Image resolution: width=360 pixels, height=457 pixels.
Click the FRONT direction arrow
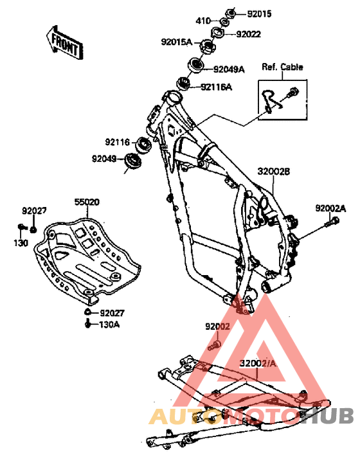(65, 43)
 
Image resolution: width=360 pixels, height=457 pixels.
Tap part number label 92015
(259, 14)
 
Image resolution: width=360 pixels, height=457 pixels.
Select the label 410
(203, 21)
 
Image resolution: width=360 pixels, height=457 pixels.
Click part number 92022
(248, 35)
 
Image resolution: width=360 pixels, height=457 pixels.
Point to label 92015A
(177, 42)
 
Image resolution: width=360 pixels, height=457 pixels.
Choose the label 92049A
(229, 69)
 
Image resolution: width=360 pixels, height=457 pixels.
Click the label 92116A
(216, 87)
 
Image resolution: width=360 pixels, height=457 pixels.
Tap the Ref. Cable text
(282, 67)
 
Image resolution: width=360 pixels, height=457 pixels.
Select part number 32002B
(273, 172)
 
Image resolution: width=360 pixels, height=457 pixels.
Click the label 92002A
(330, 208)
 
